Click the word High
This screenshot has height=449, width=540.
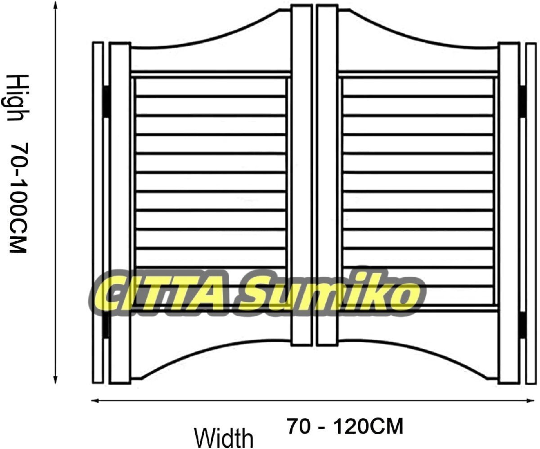[x=15, y=98]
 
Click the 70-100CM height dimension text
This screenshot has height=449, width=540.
[x=18, y=198]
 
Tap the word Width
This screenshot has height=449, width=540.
[x=224, y=436]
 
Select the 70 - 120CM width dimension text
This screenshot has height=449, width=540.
[x=345, y=425]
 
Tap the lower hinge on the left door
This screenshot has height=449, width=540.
[x=106, y=325]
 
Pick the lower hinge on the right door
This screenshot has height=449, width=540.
[x=522, y=325]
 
